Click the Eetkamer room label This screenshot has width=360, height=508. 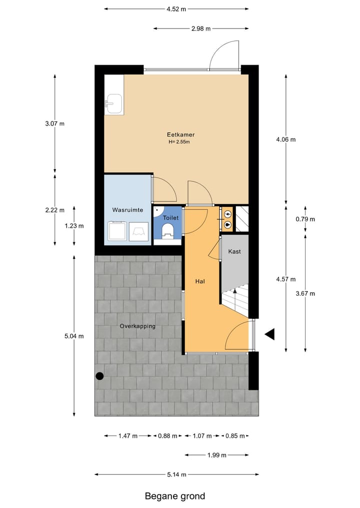(x=180, y=135)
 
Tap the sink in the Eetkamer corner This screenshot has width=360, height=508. (x=113, y=104)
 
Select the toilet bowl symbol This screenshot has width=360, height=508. (x=167, y=230)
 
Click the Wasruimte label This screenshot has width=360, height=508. (x=127, y=210)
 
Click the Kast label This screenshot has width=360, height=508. (x=234, y=251)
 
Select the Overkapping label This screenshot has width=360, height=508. (x=137, y=326)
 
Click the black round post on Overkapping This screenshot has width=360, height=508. (x=100, y=376)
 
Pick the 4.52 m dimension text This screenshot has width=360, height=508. (x=176, y=9)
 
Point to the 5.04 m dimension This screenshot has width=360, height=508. (x=74, y=336)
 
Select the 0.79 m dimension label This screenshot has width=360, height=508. (x=305, y=219)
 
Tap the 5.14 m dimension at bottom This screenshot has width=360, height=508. (x=176, y=475)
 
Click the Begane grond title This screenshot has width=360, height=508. (x=175, y=496)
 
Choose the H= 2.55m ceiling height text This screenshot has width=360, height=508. (x=179, y=142)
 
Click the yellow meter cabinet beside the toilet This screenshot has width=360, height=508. (x=227, y=219)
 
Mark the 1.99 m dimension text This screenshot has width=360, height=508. (x=216, y=455)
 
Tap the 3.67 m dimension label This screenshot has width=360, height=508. (x=305, y=293)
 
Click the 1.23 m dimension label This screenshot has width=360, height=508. (x=74, y=226)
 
